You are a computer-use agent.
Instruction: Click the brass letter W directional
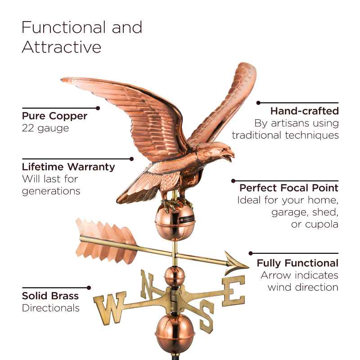pos(110,308)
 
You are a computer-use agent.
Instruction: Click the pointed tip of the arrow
pos(249,267)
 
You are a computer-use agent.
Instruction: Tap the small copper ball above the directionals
pos(175,277)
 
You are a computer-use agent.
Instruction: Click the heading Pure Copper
pos(54,116)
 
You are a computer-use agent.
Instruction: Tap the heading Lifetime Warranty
pos(68,166)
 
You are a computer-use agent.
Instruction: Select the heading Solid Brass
pos(50,296)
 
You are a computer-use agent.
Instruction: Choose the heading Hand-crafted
pos(305,111)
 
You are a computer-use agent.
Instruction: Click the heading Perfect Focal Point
pos(289,188)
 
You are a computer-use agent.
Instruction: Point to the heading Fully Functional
pos(297,263)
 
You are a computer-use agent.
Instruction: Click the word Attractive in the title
pos(62,47)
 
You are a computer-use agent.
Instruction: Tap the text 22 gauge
pos(45,128)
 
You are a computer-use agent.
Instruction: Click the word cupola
pos(315,224)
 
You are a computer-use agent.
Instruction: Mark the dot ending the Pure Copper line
pos(98,108)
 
